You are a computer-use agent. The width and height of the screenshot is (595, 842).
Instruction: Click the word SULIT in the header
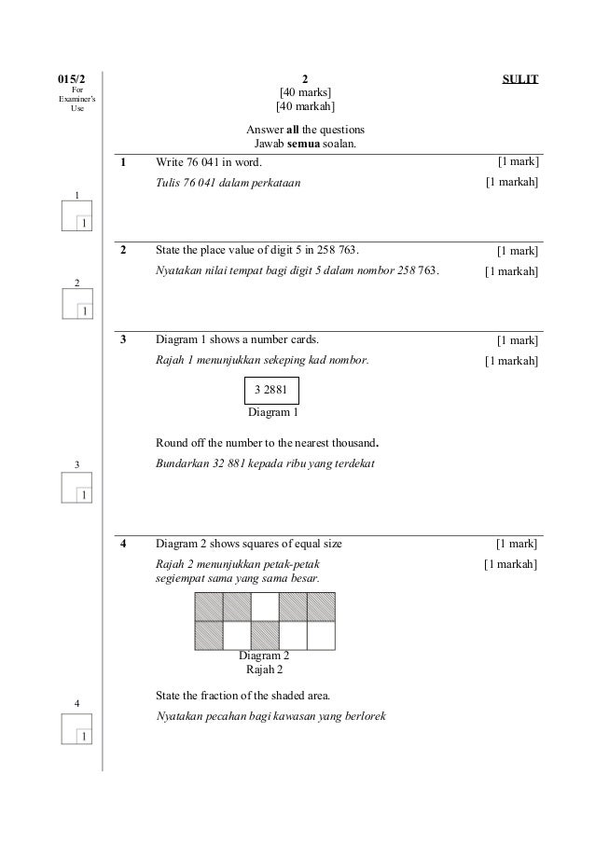(x=520, y=80)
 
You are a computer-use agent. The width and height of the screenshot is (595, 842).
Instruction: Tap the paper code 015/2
(x=70, y=80)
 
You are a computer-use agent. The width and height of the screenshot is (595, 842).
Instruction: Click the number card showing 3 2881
(x=270, y=390)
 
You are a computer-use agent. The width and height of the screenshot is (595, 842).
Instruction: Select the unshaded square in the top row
(x=265, y=607)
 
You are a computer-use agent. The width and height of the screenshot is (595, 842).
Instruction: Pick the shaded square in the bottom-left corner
(x=208, y=635)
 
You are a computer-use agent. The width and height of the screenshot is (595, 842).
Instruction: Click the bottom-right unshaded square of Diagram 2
(x=320, y=635)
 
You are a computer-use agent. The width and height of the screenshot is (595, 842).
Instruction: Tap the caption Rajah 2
(x=264, y=669)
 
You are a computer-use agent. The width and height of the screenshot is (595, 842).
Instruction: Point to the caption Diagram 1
(x=271, y=411)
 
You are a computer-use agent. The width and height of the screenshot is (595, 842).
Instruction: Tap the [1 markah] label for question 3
(x=511, y=361)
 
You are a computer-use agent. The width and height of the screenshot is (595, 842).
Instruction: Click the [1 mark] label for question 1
(x=518, y=163)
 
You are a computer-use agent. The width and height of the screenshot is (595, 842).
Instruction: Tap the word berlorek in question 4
(x=365, y=716)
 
